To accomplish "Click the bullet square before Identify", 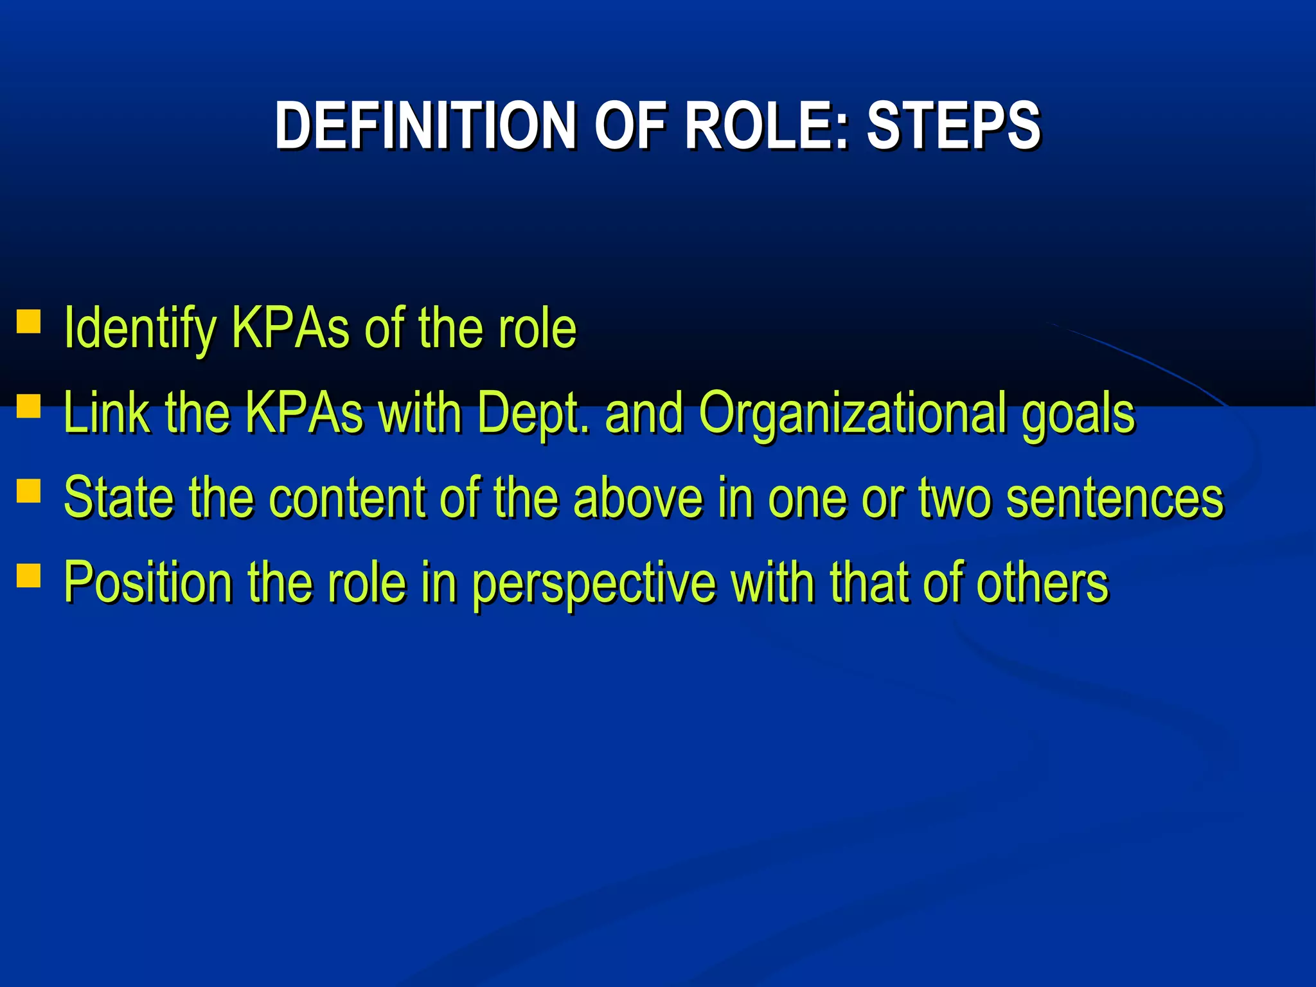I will click(28, 321).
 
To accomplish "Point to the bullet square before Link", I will click(28, 406).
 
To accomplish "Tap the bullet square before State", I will click(28, 491).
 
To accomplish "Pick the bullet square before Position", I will click(28, 576).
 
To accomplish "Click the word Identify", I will click(140, 329).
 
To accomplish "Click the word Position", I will click(148, 583).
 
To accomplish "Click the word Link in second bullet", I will click(106, 413).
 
